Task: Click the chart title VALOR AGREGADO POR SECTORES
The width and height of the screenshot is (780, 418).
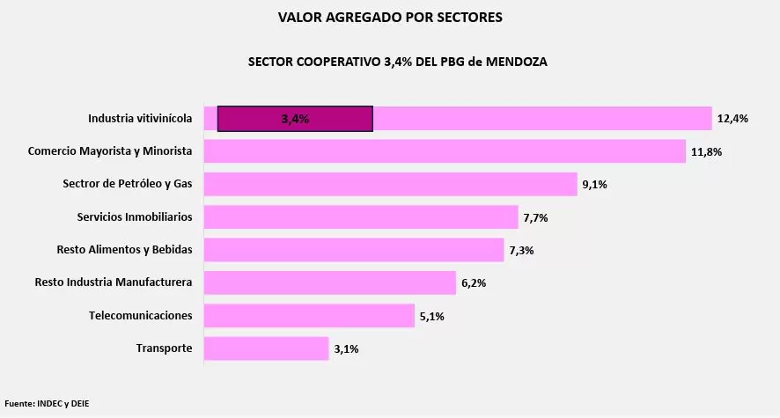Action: pyautogui.click(x=390, y=17)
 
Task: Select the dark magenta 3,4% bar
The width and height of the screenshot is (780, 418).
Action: pyautogui.click(x=295, y=119)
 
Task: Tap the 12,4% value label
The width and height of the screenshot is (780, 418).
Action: pyautogui.click(x=732, y=119)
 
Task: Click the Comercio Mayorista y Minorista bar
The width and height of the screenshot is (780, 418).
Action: pyautogui.click(x=445, y=151)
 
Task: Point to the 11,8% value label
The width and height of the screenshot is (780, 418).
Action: pyautogui.click(x=706, y=151)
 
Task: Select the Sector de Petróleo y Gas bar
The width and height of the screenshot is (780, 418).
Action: pyautogui.click(x=390, y=184)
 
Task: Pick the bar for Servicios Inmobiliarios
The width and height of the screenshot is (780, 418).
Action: pyautogui.click(x=361, y=216)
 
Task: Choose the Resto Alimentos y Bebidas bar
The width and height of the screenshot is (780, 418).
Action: pyautogui.click(x=354, y=250)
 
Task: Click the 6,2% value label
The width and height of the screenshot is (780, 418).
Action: pyautogui.click(x=474, y=283)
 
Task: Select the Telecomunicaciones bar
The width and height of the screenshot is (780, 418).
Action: pyautogui.click(x=309, y=315)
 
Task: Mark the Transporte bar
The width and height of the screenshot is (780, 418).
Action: pyautogui.click(x=266, y=348)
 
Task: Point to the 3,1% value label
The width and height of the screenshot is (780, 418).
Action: pyautogui.click(x=346, y=349)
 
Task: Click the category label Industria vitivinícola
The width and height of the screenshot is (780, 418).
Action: pyautogui.click(x=140, y=119)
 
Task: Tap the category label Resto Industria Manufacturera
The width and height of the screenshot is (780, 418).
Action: pyautogui.click(x=114, y=282)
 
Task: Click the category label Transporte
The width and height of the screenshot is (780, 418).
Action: pyautogui.click(x=164, y=348)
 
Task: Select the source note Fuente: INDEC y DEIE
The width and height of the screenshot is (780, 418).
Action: pyautogui.click(x=47, y=404)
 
